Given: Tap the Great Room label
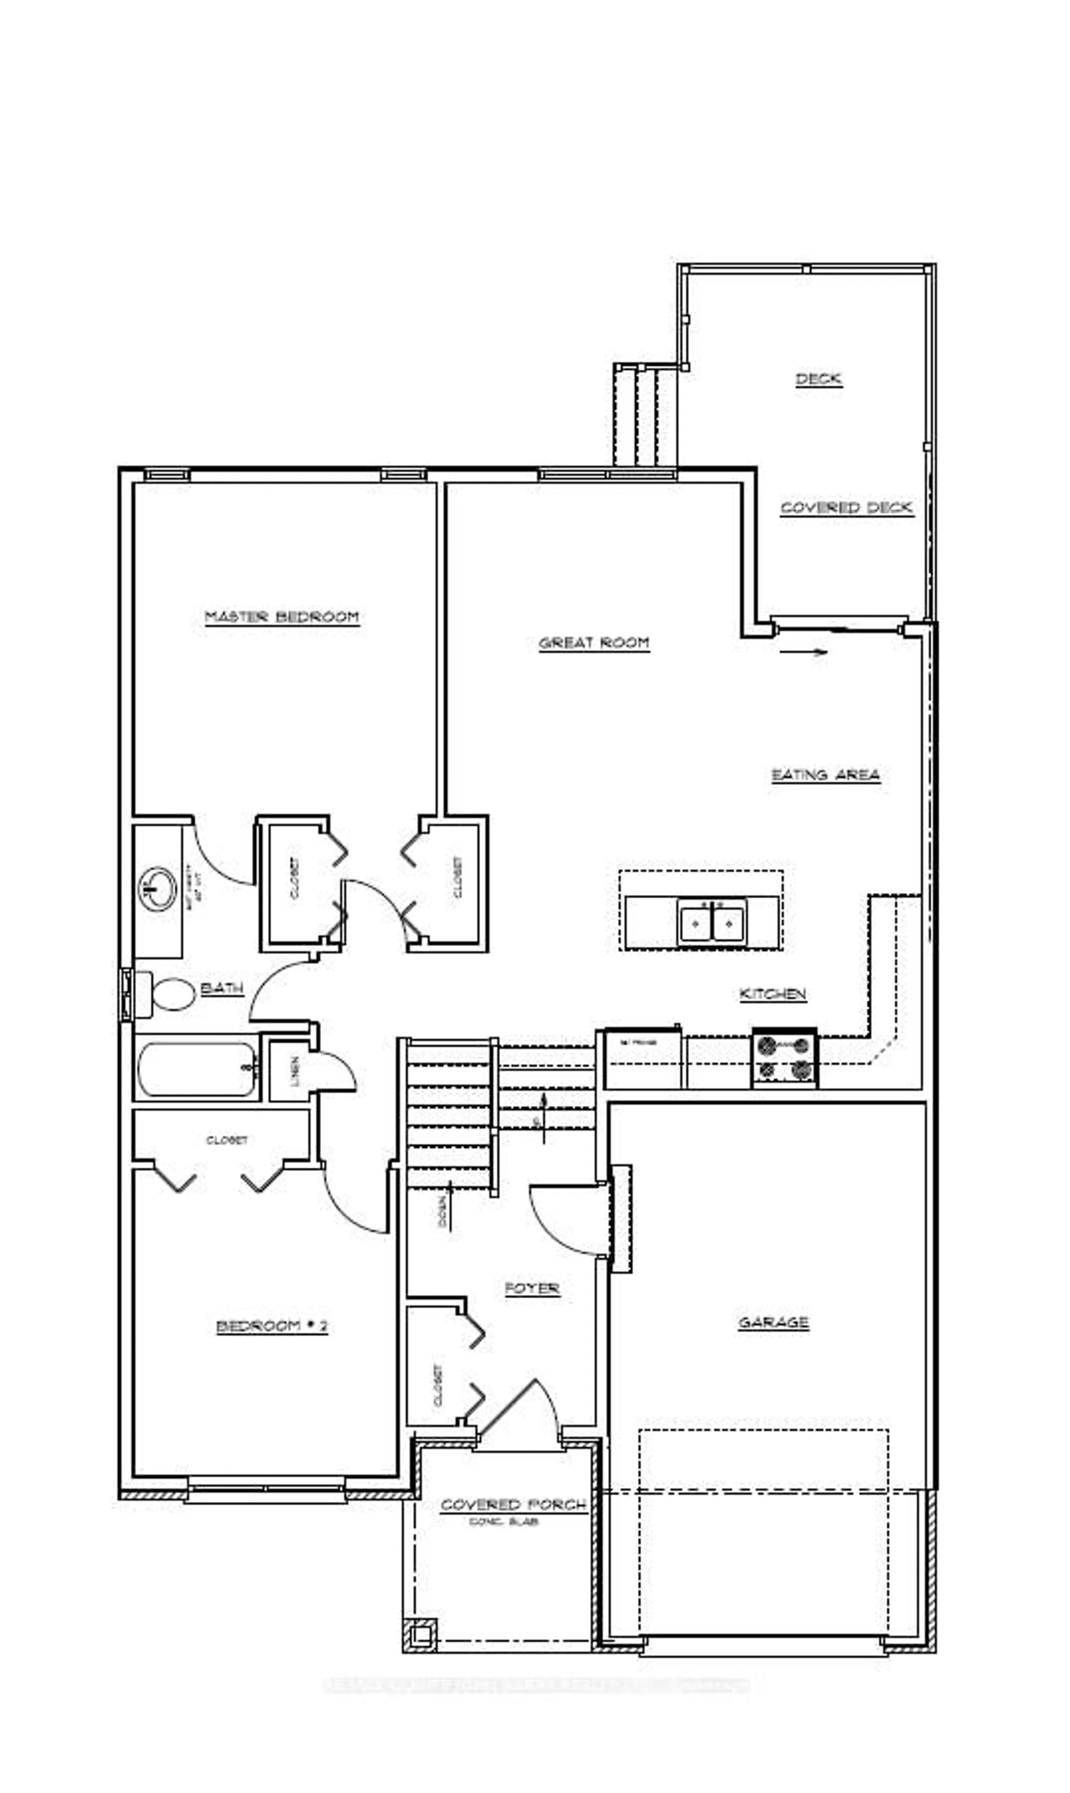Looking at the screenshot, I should [x=594, y=643].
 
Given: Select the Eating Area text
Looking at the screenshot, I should [x=826, y=775].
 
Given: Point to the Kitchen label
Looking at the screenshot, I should [x=772, y=994].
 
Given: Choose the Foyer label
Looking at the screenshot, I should [x=532, y=1288].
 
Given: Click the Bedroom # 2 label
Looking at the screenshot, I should [x=272, y=1326].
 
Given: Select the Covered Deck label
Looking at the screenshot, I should [x=847, y=508].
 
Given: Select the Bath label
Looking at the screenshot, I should [x=221, y=988].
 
